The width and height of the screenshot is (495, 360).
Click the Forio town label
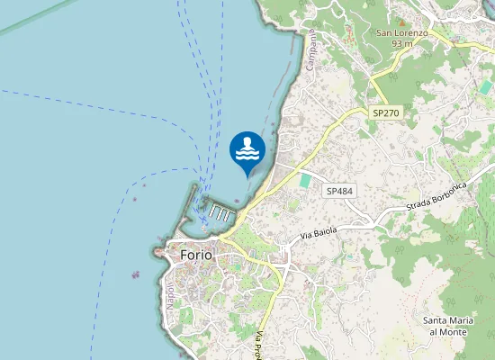tap(196, 255)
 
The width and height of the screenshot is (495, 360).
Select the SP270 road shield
tap(384, 112)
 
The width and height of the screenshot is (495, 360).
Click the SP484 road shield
tap(339, 191)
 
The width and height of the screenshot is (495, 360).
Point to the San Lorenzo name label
tap(401, 32)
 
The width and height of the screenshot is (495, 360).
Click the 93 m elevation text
tap(401, 43)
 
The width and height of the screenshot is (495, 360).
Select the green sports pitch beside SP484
tap(304, 181)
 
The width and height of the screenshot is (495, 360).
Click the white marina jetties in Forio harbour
tap(218, 212)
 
